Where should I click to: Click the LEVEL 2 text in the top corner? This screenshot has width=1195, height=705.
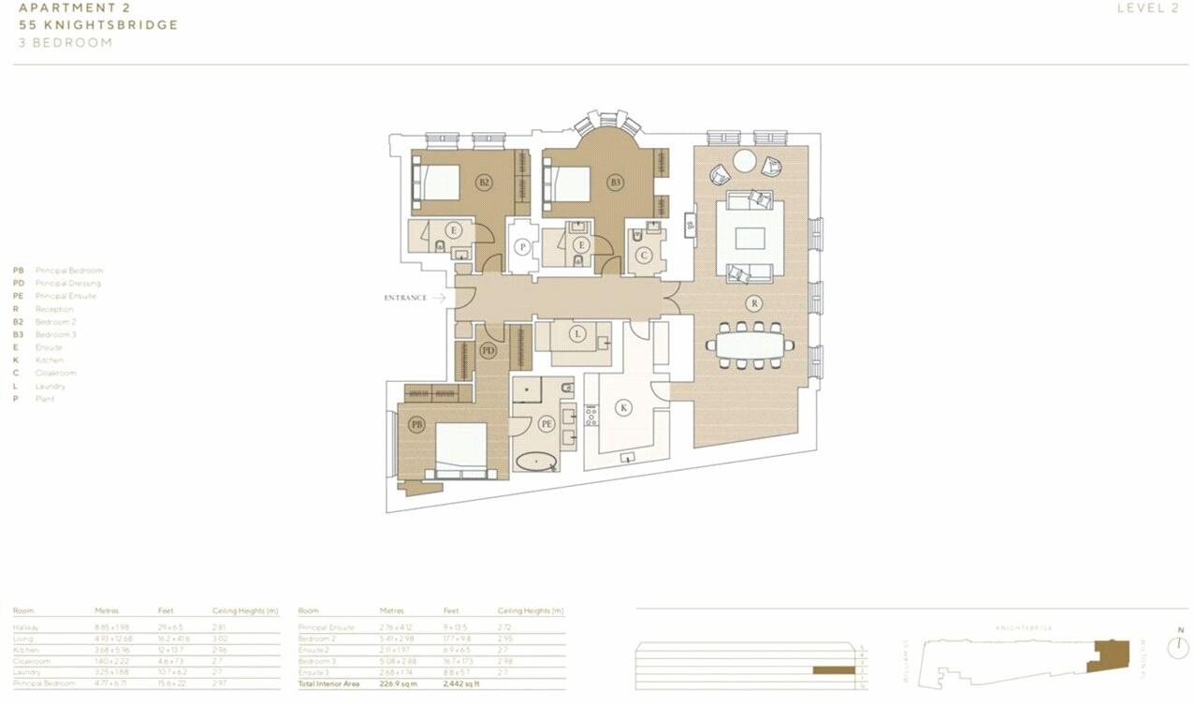[1147, 8]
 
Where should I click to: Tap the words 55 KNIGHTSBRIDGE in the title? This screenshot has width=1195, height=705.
[98, 25]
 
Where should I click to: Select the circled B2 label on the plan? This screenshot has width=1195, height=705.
[484, 183]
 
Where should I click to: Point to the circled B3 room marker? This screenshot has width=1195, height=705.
[615, 183]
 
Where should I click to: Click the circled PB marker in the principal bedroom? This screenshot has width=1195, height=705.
[417, 424]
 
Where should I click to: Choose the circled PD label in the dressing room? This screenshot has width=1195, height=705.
[488, 351]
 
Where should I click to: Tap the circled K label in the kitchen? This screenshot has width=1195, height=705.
[622, 407]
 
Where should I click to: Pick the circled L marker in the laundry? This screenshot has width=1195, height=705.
[578, 333]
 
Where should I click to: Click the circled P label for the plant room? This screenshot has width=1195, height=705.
[523, 247]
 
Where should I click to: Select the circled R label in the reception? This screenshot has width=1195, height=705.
[753, 302]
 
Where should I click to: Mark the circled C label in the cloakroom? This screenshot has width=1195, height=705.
[644, 254]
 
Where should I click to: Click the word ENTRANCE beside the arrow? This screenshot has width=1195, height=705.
[405, 298]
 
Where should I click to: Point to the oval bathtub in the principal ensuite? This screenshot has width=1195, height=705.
[536, 461]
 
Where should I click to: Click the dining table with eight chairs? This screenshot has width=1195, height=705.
[751, 345]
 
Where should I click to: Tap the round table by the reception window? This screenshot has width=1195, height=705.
[744, 161]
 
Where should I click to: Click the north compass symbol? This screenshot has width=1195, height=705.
[1178, 647]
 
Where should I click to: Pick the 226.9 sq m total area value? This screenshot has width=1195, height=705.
[397, 684]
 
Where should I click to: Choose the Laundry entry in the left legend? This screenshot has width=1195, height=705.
[51, 386]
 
